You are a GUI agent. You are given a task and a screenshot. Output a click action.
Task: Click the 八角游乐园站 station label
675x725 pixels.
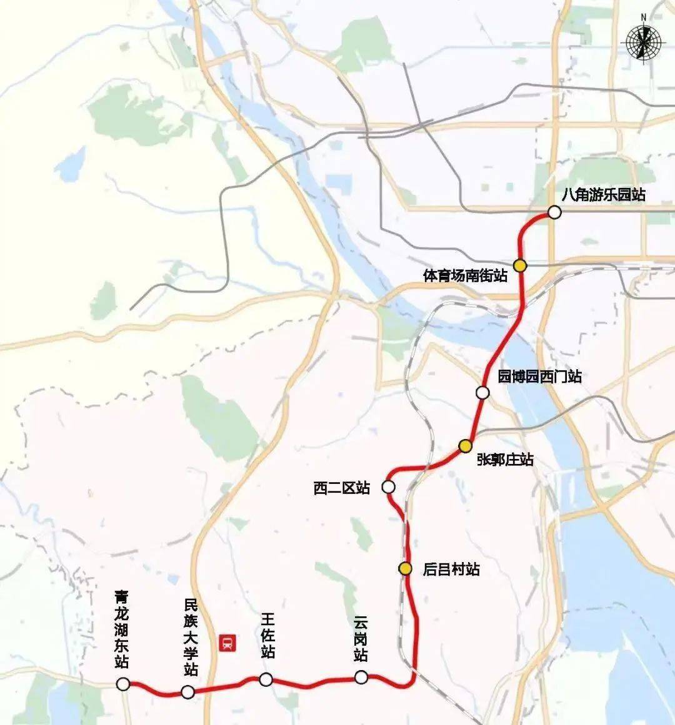click(x=603, y=195)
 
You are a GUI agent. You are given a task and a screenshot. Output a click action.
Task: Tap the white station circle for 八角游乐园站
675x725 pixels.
click(x=554, y=213)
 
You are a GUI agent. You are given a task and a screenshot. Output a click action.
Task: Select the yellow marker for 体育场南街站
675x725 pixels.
click(x=520, y=265)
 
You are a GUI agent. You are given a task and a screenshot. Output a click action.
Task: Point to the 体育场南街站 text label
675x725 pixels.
click(x=466, y=275)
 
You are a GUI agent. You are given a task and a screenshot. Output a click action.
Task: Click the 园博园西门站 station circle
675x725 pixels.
click(x=482, y=392)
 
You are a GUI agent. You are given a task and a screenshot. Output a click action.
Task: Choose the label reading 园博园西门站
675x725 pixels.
click(x=539, y=377)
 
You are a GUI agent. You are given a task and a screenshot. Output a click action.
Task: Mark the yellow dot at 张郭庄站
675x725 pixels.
click(x=465, y=446)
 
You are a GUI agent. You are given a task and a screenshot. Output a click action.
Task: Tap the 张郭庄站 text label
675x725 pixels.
click(x=505, y=460)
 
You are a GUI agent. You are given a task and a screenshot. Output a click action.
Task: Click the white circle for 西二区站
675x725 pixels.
click(x=388, y=486)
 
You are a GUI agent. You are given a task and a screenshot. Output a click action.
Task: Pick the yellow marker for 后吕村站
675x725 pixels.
click(x=406, y=568)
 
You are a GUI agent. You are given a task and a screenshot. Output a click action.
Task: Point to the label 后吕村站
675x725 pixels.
click(x=451, y=569)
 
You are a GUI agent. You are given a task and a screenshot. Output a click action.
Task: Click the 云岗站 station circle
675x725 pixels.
click(x=361, y=677)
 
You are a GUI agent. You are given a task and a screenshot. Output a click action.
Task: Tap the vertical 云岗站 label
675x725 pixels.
click(x=361, y=638)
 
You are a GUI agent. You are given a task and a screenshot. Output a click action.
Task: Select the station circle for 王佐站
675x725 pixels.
click(x=266, y=679)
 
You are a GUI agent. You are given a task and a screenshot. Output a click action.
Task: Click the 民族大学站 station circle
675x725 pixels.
click(x=187, y=691)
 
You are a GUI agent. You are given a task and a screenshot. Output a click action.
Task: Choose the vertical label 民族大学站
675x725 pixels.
click(x=191, y=637)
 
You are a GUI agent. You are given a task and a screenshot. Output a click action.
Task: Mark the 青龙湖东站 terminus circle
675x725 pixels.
click(x=123, y=684)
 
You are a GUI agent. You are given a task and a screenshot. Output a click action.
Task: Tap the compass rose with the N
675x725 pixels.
click(x=642, y=42)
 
